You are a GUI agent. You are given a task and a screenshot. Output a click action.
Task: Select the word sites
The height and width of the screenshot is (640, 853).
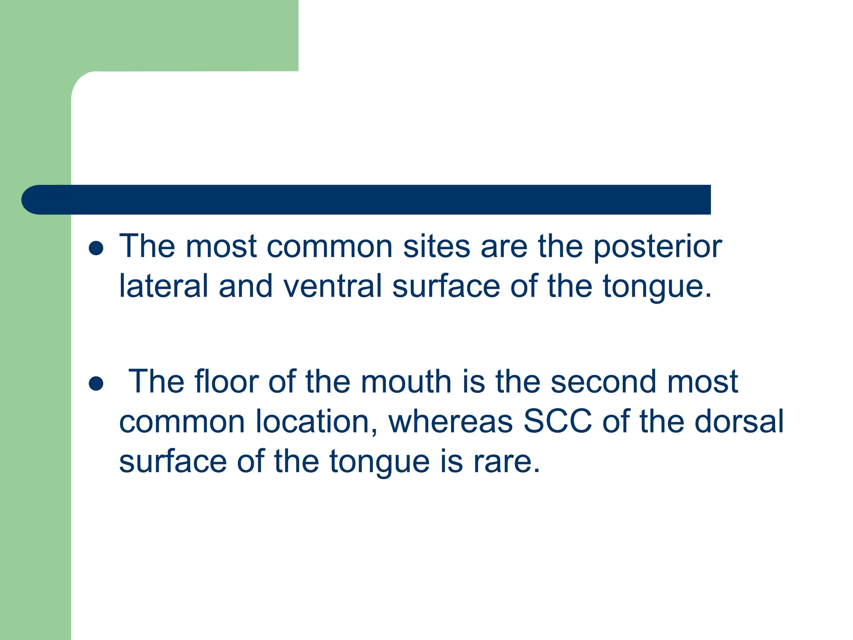pos(436,247)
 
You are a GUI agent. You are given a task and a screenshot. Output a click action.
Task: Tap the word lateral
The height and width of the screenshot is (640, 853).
pos(163,286)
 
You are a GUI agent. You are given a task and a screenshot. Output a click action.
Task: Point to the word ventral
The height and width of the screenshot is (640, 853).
pos(332,286)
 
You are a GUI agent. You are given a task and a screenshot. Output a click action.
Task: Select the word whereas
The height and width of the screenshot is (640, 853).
pos(451,422)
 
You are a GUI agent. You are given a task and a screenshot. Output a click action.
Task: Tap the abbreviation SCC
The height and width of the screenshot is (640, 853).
pos(557,422)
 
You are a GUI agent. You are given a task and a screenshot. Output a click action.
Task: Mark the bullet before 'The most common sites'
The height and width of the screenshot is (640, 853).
pos(96,248)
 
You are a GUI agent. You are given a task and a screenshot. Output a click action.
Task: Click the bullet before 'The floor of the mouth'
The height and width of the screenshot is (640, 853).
pos(96,383)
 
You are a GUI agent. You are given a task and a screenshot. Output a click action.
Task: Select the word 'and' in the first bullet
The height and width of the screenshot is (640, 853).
pos(246,286)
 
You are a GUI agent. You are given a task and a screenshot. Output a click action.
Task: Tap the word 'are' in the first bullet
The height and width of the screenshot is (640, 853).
pos(504,247)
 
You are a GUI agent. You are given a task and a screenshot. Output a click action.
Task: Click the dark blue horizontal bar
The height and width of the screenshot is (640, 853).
pos(375,200)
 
